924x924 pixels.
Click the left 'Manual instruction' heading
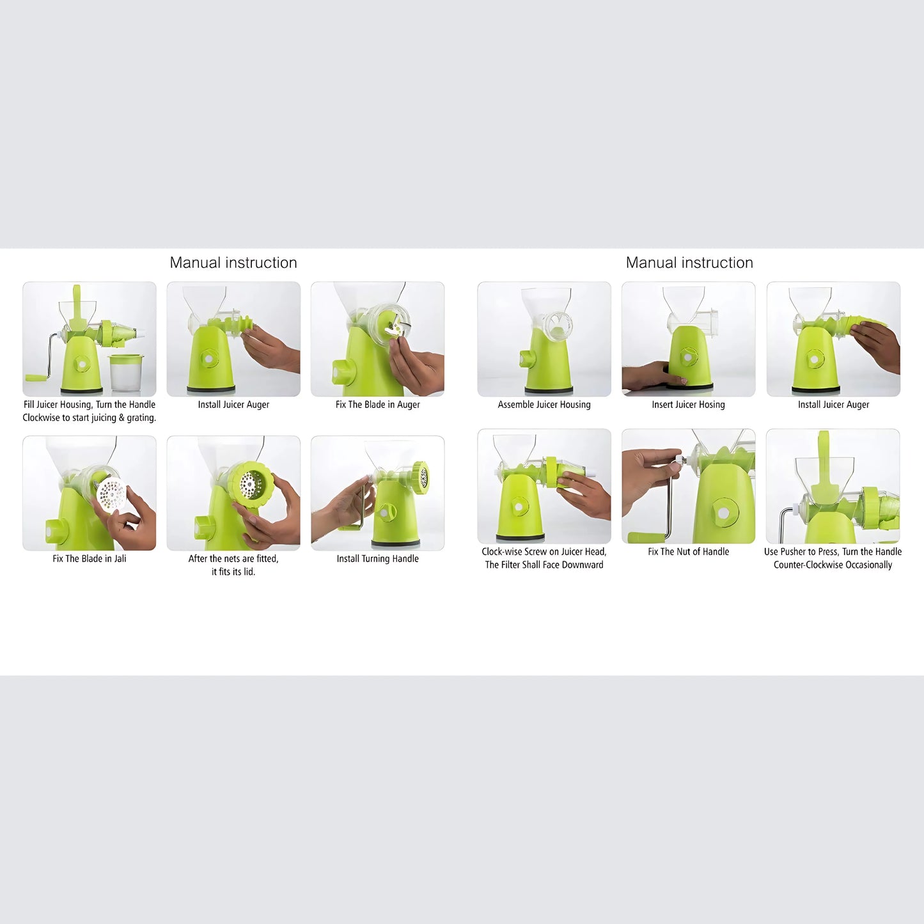[233, 263]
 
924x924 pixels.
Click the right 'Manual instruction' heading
[689, 263]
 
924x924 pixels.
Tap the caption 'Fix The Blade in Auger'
[377, 405]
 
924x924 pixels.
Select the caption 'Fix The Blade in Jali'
[90, 559]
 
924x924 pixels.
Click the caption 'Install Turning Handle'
[377, 559]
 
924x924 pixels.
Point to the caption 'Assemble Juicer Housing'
[544, 405]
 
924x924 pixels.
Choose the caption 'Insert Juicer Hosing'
[688, 405]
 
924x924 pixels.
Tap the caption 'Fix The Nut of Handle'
[688, 552]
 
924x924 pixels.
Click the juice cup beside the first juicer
[125, 372]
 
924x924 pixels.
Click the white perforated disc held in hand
[111, 496]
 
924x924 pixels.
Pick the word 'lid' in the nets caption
[249, 572]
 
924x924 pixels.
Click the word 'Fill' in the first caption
[29, 405]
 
